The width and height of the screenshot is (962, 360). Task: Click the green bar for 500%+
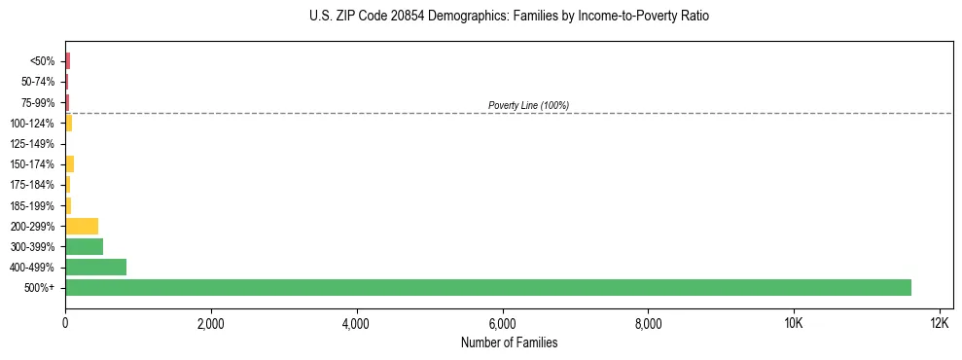(x=487, y=287)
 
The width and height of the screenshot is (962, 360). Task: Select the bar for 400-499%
(x=95, y=267)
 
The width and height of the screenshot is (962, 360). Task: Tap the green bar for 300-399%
(x=84, y=246)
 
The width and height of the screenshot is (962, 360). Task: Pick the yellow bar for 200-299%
(x=82, y=226)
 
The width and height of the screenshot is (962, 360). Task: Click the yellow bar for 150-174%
(x=69, y=163)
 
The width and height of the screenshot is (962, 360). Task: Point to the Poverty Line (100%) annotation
(x=528, y=105)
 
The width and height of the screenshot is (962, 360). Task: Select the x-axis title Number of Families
(x=509, y=342)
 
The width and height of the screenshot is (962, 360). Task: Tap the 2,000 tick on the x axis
(x=211, y=323)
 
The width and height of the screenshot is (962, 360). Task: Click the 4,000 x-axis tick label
(x=356, y=323)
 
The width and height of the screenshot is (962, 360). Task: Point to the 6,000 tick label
(x=502, y=323)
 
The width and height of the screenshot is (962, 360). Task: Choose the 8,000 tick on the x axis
(x=648, y=323)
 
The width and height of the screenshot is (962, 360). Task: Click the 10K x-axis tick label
(x=794, y=323)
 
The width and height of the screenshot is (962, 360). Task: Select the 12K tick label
(x=939, y=323)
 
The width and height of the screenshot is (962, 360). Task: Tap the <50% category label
(x=42, y=61)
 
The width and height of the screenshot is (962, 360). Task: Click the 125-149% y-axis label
(x=32, y=144)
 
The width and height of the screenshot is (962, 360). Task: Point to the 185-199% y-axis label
(x=32, y=205)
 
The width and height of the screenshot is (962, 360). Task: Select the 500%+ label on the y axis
(x=40, y=288)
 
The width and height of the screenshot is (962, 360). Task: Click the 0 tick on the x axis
(x=65, y=323)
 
